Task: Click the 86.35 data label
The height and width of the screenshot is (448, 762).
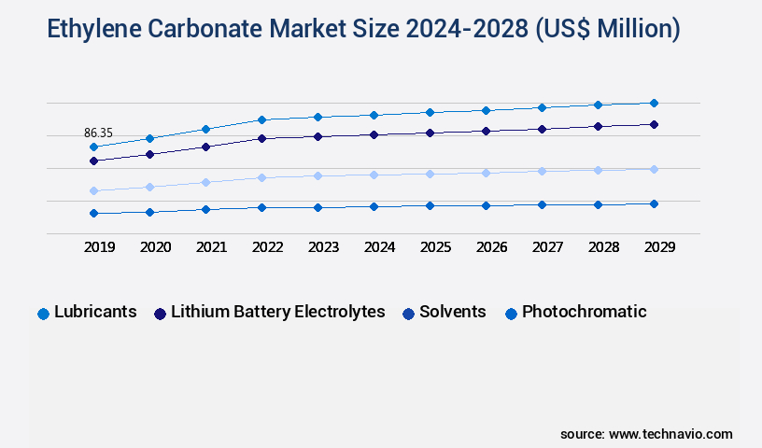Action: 98,133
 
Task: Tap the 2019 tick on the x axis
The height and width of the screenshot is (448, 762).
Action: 100,247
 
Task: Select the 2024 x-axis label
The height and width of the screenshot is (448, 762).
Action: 379,247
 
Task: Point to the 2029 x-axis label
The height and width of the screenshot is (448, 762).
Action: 658,247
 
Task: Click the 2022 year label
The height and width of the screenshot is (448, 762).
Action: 267,247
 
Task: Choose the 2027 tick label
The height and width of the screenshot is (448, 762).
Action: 547,247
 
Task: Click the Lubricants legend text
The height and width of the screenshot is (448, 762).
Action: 95,312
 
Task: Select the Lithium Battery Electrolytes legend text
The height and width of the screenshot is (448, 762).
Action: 277,312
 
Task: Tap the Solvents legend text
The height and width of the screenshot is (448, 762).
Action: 452,312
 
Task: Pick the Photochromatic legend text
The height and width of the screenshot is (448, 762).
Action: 584,312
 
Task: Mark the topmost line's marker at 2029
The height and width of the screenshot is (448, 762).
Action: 654,103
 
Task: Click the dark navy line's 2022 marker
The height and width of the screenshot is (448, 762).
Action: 261,138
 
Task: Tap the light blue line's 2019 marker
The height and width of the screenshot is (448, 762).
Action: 93,190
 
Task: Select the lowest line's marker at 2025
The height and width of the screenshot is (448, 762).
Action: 430,205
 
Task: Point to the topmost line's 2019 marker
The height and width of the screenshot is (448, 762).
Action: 93,147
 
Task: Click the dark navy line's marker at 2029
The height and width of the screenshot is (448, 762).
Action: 654,124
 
